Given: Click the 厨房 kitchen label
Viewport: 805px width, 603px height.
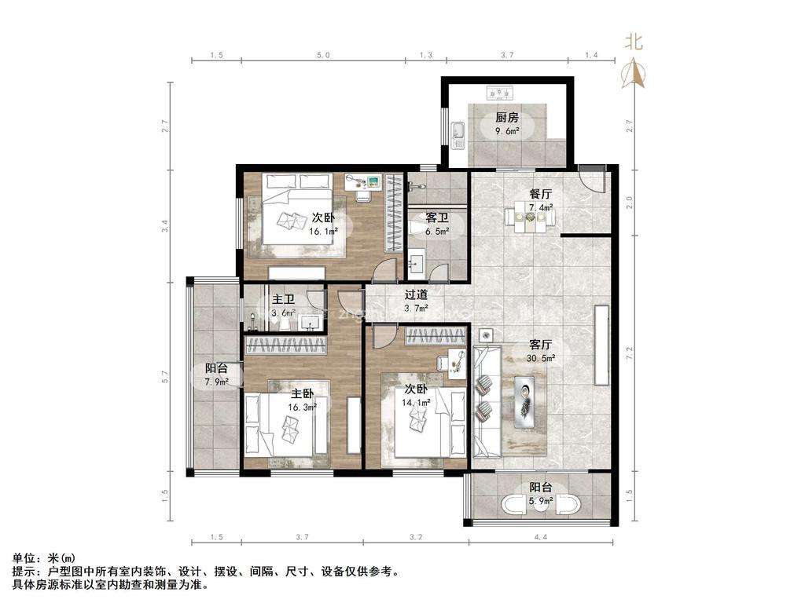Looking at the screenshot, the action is (507, 117).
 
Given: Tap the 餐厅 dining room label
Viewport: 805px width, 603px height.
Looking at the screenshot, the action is (541, 195).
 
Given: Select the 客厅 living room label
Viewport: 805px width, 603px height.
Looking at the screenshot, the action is (541, 345).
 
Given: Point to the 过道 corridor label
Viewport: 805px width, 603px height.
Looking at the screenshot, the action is (416, 295).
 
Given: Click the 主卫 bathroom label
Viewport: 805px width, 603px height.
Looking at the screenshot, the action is (283, 299).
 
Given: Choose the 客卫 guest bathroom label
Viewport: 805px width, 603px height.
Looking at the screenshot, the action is (437, 218).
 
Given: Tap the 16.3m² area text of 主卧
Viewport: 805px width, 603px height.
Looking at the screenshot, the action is (302, 407).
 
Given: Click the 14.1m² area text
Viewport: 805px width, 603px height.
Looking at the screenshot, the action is (416, 403).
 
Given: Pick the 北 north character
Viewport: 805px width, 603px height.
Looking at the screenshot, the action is (634, 42).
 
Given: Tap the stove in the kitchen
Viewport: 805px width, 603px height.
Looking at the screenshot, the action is (500, 94).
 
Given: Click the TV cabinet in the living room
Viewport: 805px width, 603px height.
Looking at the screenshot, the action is (601, 345).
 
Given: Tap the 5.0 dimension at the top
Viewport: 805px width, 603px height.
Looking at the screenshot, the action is (323, 56).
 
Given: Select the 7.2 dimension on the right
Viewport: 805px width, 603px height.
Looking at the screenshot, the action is (630, 353).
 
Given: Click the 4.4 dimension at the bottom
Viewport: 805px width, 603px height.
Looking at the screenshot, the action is (541, 537).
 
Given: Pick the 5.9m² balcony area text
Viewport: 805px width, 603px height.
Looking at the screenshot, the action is (541, 501).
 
